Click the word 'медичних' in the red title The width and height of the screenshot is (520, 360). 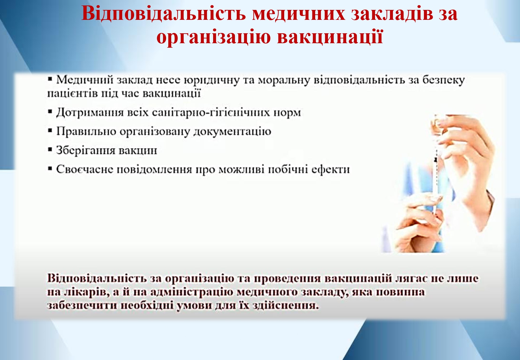pos(299,13)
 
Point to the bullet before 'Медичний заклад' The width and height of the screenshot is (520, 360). pos(50,79)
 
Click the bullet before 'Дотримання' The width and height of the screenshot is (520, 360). pos(50,112)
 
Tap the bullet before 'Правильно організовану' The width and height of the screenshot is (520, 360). pos(50,131)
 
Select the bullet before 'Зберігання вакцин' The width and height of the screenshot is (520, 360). pos(50,149)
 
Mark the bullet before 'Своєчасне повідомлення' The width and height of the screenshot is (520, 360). pos(50,169)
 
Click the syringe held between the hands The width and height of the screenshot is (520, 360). pos(436,176)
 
